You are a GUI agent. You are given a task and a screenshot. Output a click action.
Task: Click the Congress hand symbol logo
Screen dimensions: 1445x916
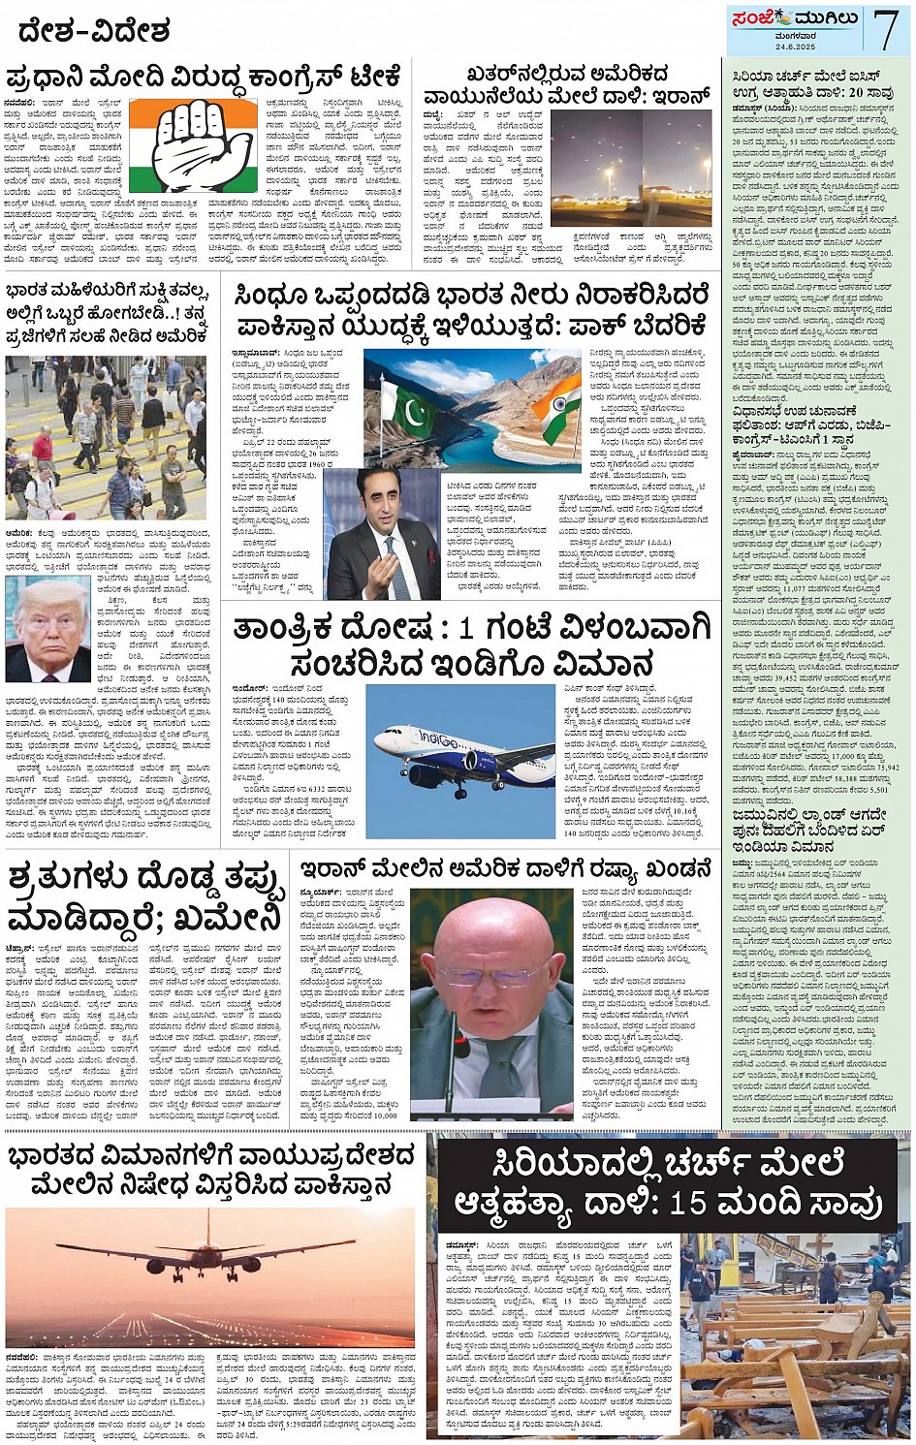(x=193, y=145)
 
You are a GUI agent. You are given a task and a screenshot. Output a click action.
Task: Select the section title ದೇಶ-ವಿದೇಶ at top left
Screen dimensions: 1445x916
(x=94, y=33)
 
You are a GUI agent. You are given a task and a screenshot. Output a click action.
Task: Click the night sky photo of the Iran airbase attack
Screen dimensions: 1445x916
(x=631, y=168)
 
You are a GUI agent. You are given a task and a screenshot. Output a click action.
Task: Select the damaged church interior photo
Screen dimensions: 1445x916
(x=795, y=1335)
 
